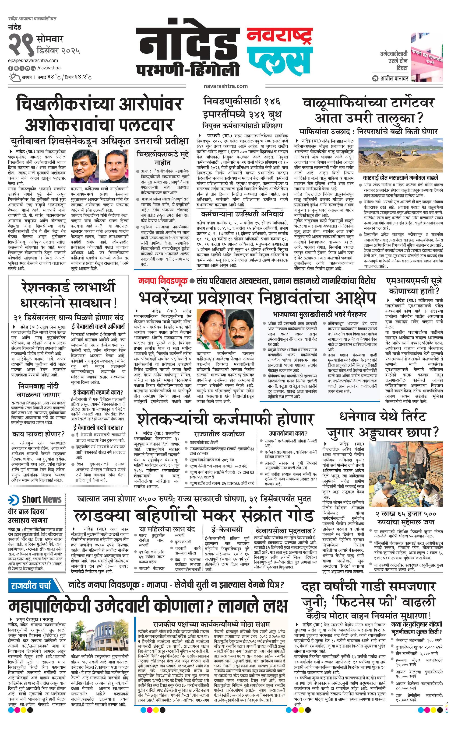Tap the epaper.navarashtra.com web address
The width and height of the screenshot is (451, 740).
[33, 61]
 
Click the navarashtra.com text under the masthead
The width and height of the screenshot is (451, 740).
[225, 86]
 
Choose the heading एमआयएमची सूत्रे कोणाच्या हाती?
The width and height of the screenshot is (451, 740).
[414, 286]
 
